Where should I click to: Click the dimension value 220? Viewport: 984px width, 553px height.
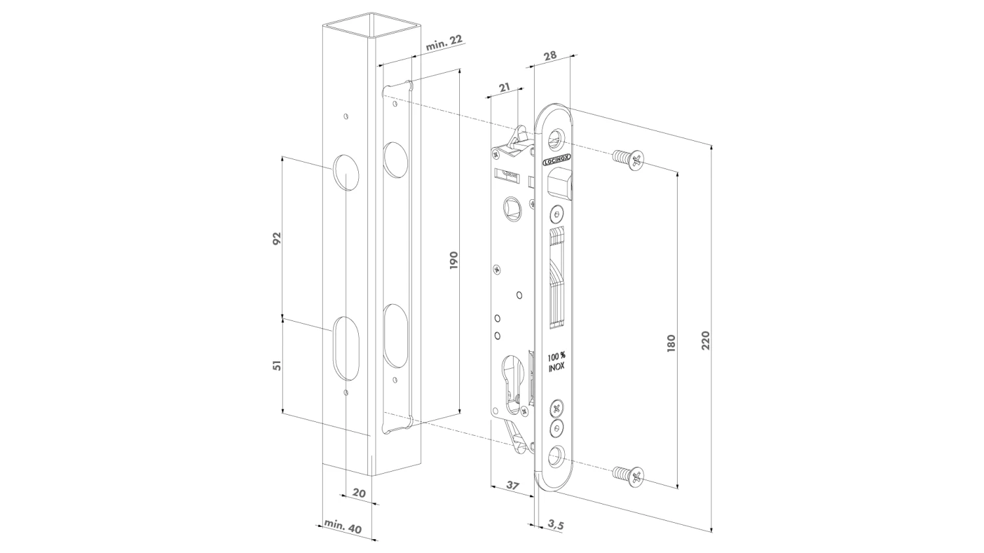tap(705, 340)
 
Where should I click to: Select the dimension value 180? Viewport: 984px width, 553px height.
tap(670, 343)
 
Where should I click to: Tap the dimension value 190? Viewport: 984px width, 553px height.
tap(454, 259)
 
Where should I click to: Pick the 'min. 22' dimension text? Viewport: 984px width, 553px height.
tap(444, 43)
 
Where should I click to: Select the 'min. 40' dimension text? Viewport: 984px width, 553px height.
tap(343, 526)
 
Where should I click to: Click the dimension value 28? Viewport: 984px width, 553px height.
tap(550, 56)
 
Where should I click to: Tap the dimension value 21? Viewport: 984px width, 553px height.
tap(504, 87)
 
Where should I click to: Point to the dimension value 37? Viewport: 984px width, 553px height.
tap(512, 486)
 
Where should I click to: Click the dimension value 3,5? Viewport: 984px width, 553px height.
tap(554, 524)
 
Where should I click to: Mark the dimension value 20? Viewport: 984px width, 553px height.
tap(359, 493)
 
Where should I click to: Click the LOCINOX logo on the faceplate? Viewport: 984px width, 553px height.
tap(556, 160)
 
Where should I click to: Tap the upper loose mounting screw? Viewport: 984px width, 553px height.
tap(628, 159)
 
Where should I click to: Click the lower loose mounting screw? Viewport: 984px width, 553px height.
tap(628, 476)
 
